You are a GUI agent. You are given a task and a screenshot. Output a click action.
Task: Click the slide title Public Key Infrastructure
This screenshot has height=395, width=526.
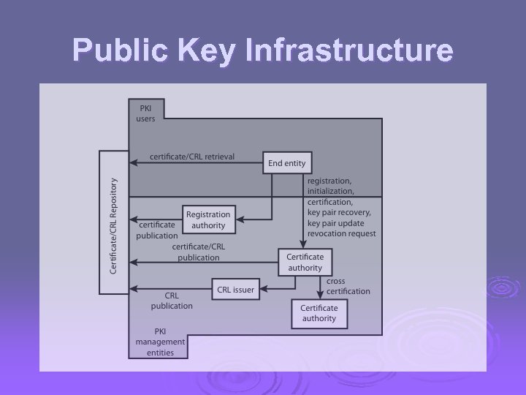263,51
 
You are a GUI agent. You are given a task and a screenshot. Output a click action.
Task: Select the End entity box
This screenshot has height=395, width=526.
286,163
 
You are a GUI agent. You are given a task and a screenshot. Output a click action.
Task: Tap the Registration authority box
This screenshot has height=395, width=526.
208,219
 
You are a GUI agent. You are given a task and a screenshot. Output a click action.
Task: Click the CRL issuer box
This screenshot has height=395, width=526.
235,290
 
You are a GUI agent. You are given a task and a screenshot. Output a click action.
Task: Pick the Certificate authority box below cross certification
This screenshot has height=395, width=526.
319,313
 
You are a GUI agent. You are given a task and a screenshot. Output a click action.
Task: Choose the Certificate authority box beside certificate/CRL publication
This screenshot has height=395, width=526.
305,262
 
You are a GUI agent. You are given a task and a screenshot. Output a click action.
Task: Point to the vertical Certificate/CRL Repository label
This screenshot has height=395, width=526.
113,226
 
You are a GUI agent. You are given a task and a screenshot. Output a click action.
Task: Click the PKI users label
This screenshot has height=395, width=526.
145,113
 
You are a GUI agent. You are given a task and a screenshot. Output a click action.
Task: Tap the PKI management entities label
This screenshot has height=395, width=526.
160,342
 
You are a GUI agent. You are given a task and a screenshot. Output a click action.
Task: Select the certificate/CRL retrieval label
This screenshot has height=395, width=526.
192,157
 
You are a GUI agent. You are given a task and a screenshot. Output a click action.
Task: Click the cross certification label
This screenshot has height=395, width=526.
348,286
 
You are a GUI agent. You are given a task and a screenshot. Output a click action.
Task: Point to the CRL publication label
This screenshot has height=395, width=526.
172,301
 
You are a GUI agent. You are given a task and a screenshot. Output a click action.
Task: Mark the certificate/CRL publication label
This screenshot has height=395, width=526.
198,252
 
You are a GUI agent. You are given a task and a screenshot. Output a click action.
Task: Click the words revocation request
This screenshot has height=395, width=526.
342,233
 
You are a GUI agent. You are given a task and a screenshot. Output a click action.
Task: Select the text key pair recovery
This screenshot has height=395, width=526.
339,212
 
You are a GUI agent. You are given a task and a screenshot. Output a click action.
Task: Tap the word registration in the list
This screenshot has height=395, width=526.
329,181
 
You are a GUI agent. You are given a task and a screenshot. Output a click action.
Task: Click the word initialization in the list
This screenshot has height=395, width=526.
330,191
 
